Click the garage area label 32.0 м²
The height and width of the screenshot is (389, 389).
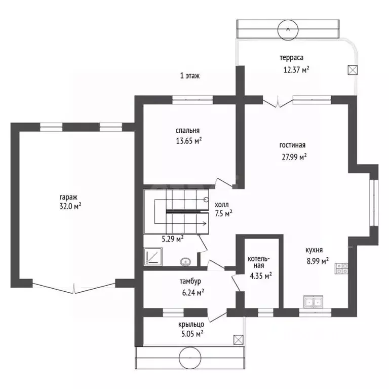[70, 206]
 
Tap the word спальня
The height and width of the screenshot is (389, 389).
[187, 131]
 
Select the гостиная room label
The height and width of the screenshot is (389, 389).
[292, 145]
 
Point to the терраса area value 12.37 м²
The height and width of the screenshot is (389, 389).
[296, 70]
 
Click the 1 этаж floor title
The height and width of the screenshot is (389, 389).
[190, 75]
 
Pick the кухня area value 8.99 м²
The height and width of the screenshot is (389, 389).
[318, 261]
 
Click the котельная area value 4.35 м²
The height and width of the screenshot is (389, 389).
[260, 276]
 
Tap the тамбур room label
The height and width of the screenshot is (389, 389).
[190, 281]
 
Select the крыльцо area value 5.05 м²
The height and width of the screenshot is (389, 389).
[192, 334]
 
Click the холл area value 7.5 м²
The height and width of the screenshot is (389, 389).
[223, 213]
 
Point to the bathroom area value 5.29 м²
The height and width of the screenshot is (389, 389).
[173, 239]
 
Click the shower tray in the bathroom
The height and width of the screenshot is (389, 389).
[153, 256]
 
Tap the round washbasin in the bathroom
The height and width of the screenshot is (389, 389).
[185, 261]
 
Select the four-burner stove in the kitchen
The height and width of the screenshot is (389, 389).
[341, 268]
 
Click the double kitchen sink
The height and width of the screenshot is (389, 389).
[314, 302]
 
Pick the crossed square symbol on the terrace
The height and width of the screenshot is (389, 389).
[353, 70]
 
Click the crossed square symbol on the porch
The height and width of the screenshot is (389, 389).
[239, 340]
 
